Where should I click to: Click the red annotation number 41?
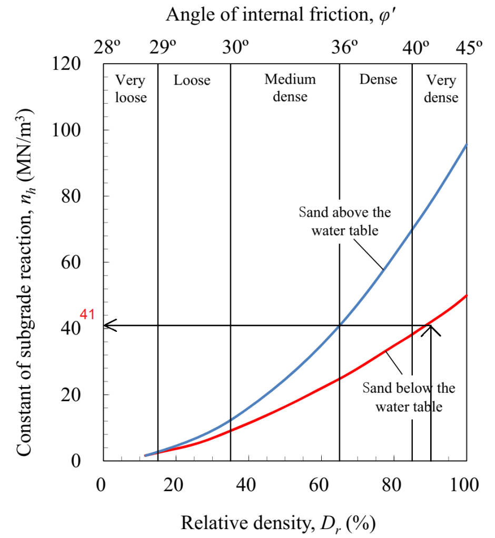(87, 315)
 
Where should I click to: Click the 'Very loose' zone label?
(131, 89)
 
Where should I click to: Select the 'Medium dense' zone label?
(290, 88)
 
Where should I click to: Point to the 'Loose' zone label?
(192, 80)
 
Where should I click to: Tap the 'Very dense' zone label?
(441, 89)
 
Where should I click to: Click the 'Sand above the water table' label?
(345, 221)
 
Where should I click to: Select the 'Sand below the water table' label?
(409, 397)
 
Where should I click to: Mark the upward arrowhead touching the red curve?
(431, 329)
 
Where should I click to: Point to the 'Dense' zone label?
(378, 79)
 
